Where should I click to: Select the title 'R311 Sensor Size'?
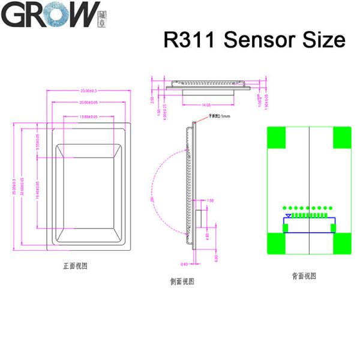pos(254,40)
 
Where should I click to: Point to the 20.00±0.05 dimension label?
pos(88,103)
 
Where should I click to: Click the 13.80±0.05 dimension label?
pos(88,116)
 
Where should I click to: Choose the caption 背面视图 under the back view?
pos(304,276)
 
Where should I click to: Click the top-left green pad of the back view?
pos(277,137)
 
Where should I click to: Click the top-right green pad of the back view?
pos(341,137)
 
